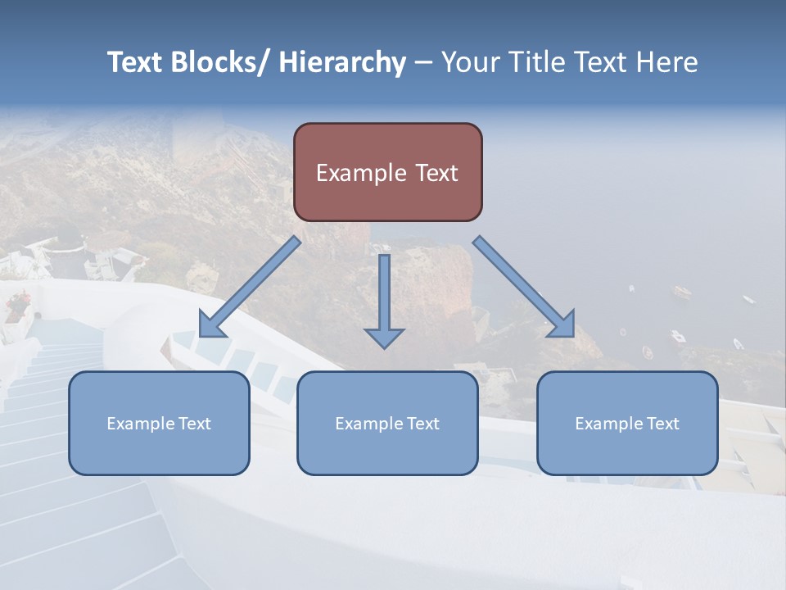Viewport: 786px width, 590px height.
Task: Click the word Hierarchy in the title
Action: pyautogui.click(x=342, y=63)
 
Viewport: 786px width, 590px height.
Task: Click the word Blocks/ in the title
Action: pyautogui.click(x=222, y=63)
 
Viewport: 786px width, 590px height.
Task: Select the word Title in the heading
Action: pyautogui.click(x=537, y=63)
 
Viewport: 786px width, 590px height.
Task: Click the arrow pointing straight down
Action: pyautogui.click(x=384, y=295)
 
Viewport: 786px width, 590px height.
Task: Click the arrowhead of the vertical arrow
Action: pyautogui.click(x=384, y=337)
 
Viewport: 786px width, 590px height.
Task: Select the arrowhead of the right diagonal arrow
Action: pyautogui.click(x=563, y=324)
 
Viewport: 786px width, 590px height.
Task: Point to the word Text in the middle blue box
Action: pyautogui.click(x=422, y=424)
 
